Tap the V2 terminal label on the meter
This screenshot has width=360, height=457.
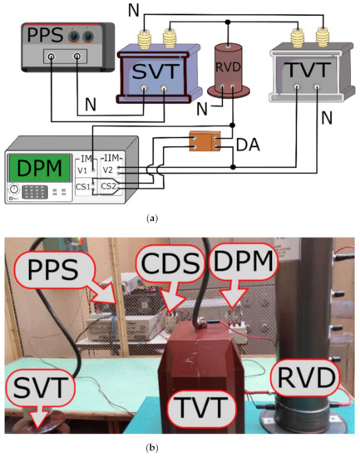(108, 170)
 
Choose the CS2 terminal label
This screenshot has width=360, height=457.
(109, 185)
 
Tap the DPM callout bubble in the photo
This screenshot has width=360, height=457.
(254, 265)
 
